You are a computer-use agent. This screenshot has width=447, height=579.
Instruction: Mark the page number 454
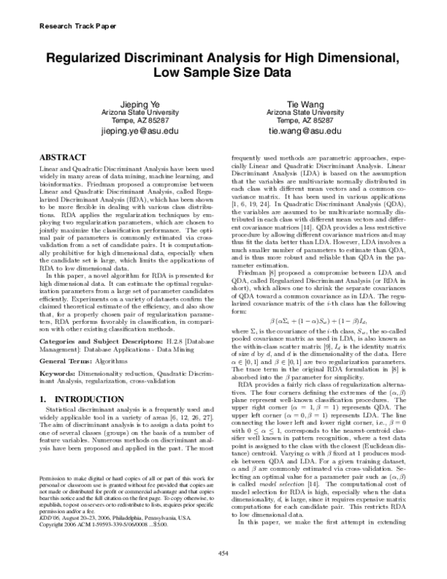pos(222,553)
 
